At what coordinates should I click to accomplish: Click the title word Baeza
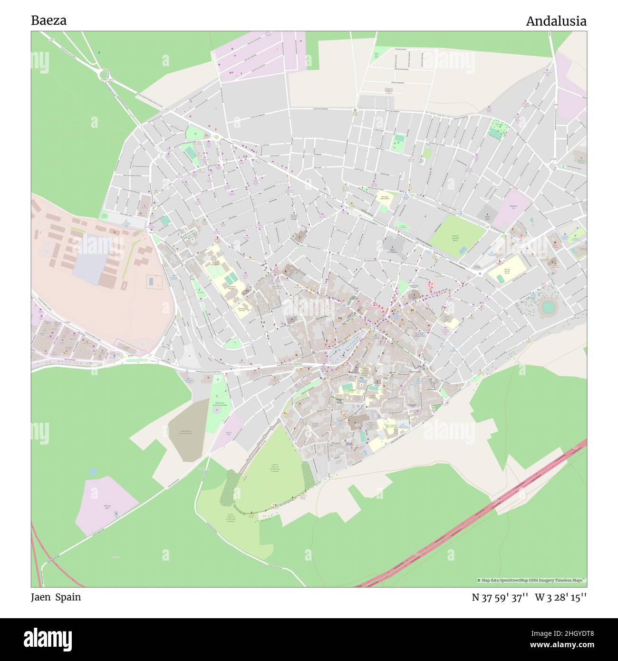click(x=48, y=21)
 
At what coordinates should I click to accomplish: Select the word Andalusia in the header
click(x=556, y=21)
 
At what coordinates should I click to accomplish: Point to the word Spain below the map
click(x=68, y=597)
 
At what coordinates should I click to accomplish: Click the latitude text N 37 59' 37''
click(x=500, y=597)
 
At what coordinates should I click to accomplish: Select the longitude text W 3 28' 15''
click(x=560, y=597)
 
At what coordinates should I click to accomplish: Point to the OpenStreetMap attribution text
click(x=531, y=580)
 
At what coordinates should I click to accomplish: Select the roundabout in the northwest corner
click(x=104, y=74)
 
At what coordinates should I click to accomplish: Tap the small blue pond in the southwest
click(x=92, y=471)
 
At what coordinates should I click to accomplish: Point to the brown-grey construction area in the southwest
click(x=188, y=430)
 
